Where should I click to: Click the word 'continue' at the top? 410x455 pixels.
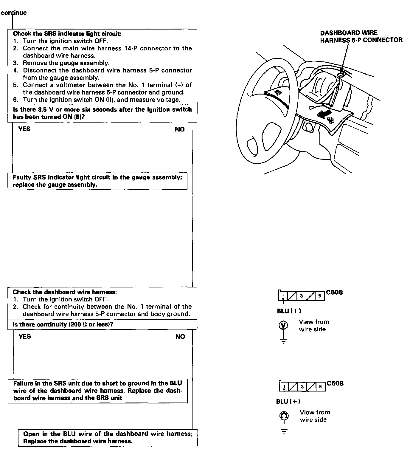point(14,13)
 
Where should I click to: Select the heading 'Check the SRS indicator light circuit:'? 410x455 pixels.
point(67,34)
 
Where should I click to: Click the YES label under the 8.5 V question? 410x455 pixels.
point(24,129)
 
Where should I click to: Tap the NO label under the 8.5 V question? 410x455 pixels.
point(180,129)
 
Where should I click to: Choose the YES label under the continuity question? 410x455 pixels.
point(24,336)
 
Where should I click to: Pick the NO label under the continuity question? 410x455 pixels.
point(180,337)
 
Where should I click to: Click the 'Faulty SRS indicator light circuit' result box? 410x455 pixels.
point(97,181)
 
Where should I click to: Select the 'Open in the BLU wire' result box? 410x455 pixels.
point(108,437)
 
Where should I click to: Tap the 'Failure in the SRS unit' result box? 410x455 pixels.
point(97,391)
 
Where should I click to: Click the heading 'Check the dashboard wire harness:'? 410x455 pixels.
point(65,292)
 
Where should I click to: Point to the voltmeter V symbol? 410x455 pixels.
point(283,325)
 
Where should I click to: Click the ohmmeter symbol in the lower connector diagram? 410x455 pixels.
point(284,415)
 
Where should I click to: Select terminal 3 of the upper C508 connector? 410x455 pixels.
point(302,296)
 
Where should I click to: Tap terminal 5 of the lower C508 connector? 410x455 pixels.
point(320,386)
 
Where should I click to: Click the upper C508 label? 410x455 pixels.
point(334,292)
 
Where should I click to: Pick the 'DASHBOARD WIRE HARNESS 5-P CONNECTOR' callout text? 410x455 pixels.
point(361,36)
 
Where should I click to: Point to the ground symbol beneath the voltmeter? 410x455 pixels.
point(283,340)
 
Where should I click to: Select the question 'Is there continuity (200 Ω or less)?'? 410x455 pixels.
point(63,324)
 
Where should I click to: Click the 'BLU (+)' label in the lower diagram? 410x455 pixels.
point(288,401)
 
